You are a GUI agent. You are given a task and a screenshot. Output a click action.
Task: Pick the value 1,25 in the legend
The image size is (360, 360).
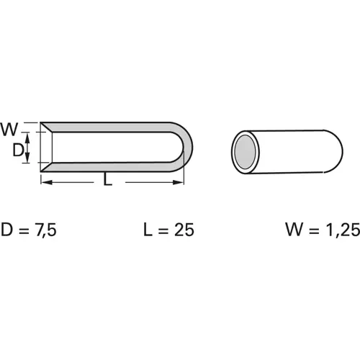click(x=336, y=230)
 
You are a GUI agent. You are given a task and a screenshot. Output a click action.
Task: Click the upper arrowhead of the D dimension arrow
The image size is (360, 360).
click(x=27, y=136)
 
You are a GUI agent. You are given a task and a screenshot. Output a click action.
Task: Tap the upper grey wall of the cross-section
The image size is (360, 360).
click(x=108, y=127)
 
